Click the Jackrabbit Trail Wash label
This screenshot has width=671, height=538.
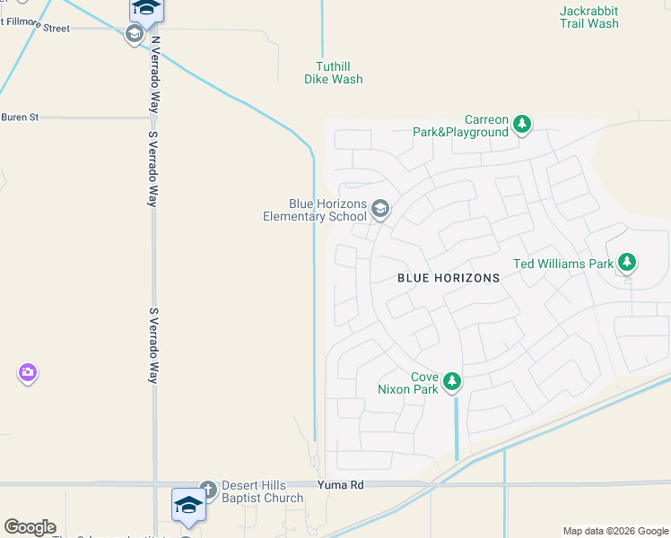click(x=588, y=17)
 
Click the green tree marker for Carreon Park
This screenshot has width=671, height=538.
click(x=523, y=125)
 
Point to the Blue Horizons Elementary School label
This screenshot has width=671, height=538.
click(x=315, y=210)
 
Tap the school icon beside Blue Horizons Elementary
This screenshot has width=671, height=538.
click(x=380, y=210)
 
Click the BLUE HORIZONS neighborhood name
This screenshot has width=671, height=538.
click(x=449, y=278)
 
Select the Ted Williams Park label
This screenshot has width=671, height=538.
click(x=562, y=264)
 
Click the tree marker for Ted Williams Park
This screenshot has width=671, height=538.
click(x=628, y=263)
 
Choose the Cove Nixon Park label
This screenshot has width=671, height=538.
click(x=424, y=384)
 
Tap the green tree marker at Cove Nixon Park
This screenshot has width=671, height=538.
click(x=453, y=382)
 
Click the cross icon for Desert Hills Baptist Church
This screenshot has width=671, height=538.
click(x=208, y=490)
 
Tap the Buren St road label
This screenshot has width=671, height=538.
click(x=20, y=117)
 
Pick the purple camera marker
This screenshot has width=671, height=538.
click(x=28, y=372)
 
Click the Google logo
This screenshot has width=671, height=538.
click(x=30, y=527)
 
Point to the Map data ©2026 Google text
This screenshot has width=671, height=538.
click(x=615, y=531)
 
